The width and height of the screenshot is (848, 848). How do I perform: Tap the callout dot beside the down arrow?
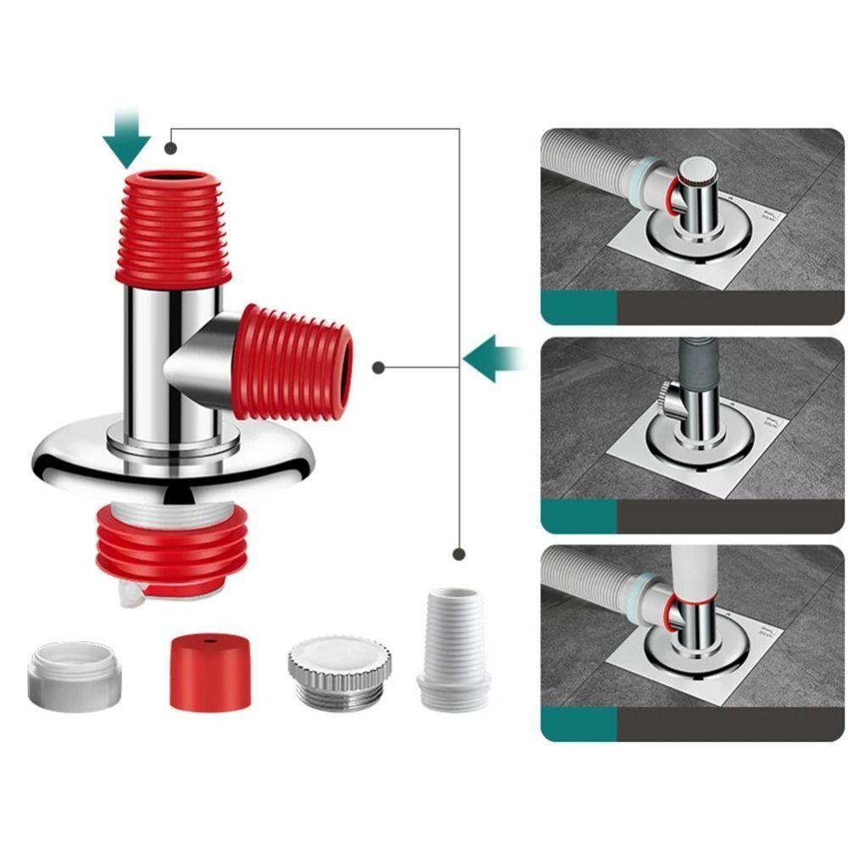[x=171, y=148]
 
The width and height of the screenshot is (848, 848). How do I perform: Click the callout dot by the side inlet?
[x=378, y=368]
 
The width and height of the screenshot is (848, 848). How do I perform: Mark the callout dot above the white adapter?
[x=459, y=554]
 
